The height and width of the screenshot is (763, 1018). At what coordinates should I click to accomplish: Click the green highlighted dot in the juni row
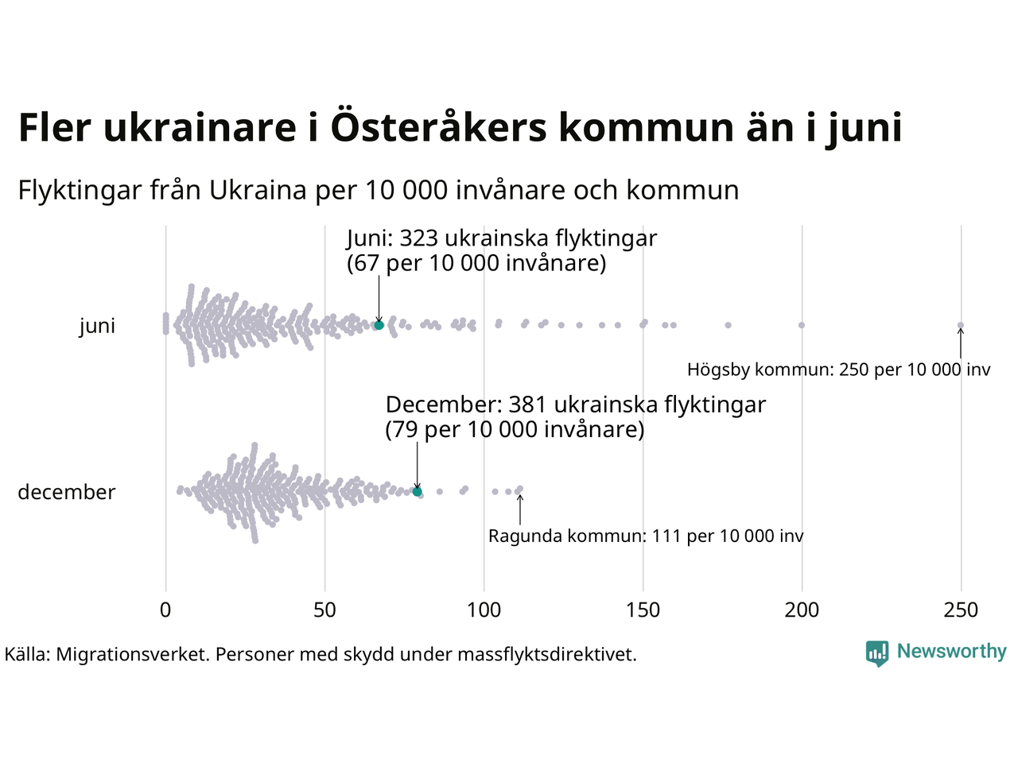[x=379, y=325]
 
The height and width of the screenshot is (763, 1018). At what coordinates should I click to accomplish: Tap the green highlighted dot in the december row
[x=417, y=492]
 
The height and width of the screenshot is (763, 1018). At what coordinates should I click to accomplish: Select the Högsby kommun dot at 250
[x=960, y=325]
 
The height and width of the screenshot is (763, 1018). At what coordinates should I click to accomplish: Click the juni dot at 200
[x=802, y=325]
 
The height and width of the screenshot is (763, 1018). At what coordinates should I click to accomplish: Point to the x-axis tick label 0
[x=165, y=610]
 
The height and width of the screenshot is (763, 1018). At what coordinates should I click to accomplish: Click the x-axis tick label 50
[x=324, y=610]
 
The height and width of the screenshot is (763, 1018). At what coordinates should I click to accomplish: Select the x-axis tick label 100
[x=484, y=610]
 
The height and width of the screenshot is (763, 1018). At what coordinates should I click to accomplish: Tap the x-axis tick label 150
[x=643, y=610]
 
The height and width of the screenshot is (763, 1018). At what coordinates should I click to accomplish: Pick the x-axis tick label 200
[x=802, y=610]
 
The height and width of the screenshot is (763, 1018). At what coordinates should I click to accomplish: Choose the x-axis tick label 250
[x=961, y=610]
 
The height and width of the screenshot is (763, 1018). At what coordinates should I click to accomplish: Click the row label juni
[x=97, y=326]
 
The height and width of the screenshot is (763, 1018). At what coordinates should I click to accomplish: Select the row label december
[x=67, y=492]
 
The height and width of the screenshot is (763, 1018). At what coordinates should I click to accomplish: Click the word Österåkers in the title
[x=438, y=128]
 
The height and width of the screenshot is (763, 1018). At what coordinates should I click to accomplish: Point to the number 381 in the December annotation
[x=529, y=405]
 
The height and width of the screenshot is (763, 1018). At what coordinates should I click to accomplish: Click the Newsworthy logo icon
[x=876, y=653]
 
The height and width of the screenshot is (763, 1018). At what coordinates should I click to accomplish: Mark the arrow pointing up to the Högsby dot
[x=960, y=344]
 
